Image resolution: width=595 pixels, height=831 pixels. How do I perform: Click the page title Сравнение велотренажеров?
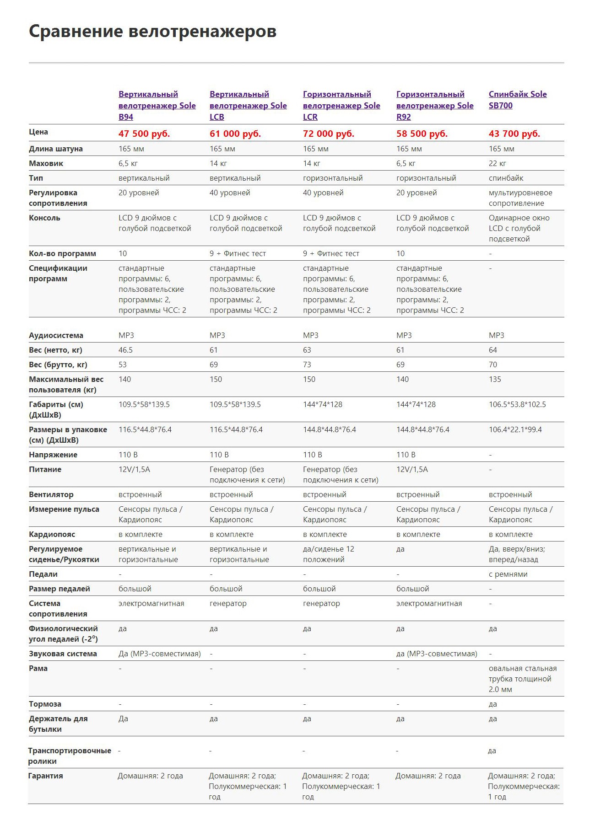pos(152,32)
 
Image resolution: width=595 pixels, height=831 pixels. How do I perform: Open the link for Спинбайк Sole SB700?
pos(517,100)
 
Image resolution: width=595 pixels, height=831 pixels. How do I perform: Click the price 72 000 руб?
pos(328,134)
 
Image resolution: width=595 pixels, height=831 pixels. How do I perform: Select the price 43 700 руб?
pos(514,134)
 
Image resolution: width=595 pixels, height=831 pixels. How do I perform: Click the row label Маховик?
pos(46,163)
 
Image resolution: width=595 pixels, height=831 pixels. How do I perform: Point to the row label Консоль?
pos(44,218)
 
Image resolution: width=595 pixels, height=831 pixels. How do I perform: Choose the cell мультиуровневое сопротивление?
pos(520,198)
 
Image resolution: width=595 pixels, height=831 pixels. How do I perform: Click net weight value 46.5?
pos(125,350)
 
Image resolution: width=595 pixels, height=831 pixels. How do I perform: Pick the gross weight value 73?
pos(307,365)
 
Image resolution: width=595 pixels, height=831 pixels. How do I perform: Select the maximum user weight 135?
pos(495,379)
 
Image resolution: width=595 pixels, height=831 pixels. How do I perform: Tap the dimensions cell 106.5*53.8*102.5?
pos(517,404)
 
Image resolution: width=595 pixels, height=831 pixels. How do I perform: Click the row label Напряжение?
pos(53,455)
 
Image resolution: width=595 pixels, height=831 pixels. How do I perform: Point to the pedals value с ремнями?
pos(508,574)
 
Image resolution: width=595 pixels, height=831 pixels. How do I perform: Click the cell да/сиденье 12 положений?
pos(328,554)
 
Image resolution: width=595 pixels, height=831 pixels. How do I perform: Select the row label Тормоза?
pos(45,704)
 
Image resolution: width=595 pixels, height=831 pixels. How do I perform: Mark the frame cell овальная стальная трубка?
pos(522,679)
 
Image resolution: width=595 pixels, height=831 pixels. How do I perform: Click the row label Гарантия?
pos(45,776)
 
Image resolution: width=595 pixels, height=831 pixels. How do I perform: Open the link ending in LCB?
pos(248,106)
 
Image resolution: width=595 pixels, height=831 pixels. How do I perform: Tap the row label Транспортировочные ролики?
pos(69,756)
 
